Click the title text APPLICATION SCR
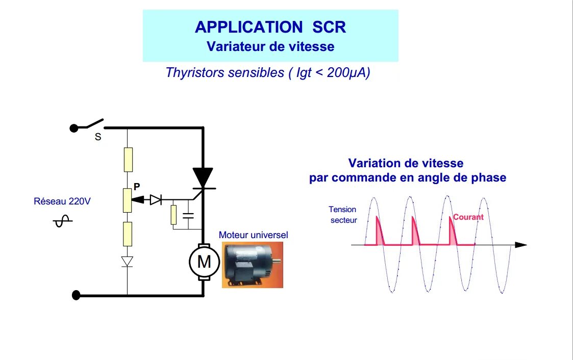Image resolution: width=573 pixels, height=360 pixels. (270, 27)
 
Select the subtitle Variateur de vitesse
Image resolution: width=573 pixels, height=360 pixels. (270, 46)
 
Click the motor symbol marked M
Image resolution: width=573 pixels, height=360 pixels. (204, 262)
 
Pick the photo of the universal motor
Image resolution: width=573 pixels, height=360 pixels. (252, 265)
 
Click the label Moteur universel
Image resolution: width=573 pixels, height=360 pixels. (254, 235)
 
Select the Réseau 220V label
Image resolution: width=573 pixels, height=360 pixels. (62, 201)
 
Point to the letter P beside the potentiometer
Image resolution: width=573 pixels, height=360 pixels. (136, 187)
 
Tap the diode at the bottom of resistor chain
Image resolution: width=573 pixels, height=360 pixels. (127, 262)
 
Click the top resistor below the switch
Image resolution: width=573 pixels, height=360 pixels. (128, 159)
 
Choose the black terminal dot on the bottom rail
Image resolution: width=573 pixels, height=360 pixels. (77, 295)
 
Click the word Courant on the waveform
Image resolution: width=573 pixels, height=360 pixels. (468, 217)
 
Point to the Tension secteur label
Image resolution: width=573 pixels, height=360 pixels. (342, 215)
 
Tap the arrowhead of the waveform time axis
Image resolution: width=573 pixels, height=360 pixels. (520, 245)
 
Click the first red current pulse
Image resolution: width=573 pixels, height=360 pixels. (379, 232)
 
